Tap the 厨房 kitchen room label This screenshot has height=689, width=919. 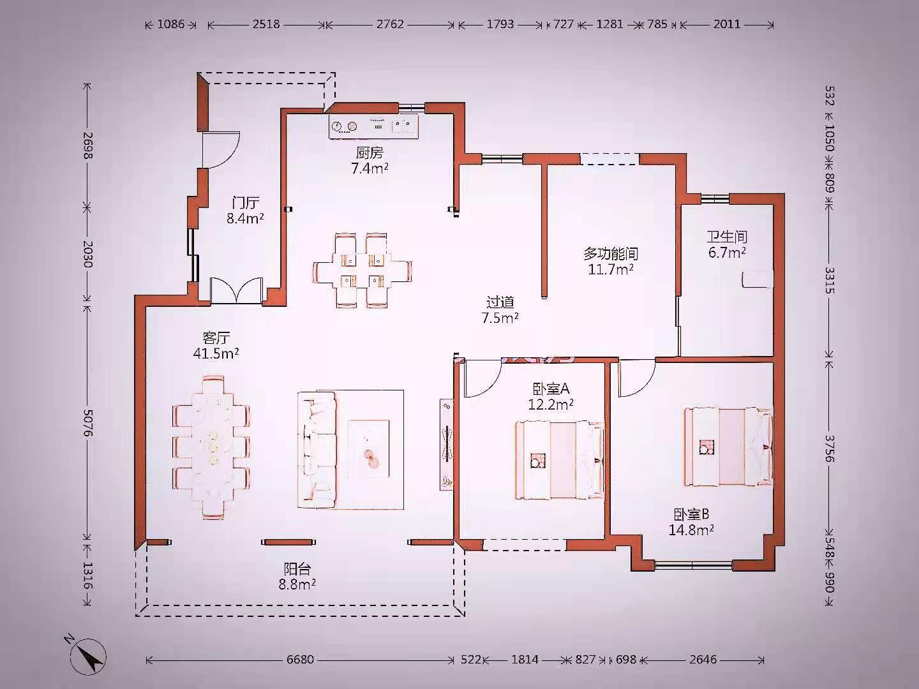point(370,153)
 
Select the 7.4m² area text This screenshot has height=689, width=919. point(370,168)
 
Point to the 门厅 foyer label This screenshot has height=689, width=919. point(246,204)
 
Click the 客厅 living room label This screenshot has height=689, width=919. point(216,338)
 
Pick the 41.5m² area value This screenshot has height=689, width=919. point(216,353)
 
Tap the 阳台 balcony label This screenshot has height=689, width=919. point(297,569)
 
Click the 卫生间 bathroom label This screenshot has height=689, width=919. point(728,237)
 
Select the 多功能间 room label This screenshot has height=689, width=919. point(611,253)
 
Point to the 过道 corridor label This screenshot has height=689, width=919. point(500,302)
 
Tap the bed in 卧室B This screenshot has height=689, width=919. point(729,447)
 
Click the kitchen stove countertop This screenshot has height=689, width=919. point(373,126)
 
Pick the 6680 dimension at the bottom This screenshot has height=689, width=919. point(300,659)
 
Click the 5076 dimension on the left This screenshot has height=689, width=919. point(87,423)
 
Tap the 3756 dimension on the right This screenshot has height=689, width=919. point(830,449)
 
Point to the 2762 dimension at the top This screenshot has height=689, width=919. point(390,24)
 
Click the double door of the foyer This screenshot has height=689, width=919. point(237,290)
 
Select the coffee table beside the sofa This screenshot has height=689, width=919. point(369,449)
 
